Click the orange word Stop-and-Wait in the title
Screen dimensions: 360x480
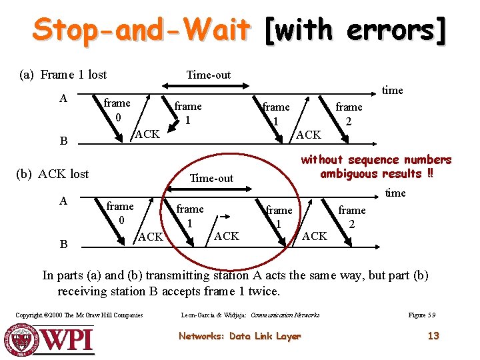141,30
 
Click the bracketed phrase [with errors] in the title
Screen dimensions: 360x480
354,30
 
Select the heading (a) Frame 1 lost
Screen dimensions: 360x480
63,75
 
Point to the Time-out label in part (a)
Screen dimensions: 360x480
208,75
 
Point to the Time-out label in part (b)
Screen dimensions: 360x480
211,178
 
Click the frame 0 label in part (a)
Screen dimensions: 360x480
117,110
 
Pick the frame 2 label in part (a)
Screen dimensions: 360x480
349,114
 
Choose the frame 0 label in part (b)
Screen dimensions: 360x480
120,213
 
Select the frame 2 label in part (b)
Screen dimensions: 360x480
351,217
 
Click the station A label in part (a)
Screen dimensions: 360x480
63,99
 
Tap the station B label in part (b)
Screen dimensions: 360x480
63,244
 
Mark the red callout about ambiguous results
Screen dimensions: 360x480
376,167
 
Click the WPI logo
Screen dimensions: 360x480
50,339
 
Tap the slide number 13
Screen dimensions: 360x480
433,335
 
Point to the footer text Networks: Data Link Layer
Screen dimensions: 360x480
239,336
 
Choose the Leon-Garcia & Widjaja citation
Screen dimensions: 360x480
250,315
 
